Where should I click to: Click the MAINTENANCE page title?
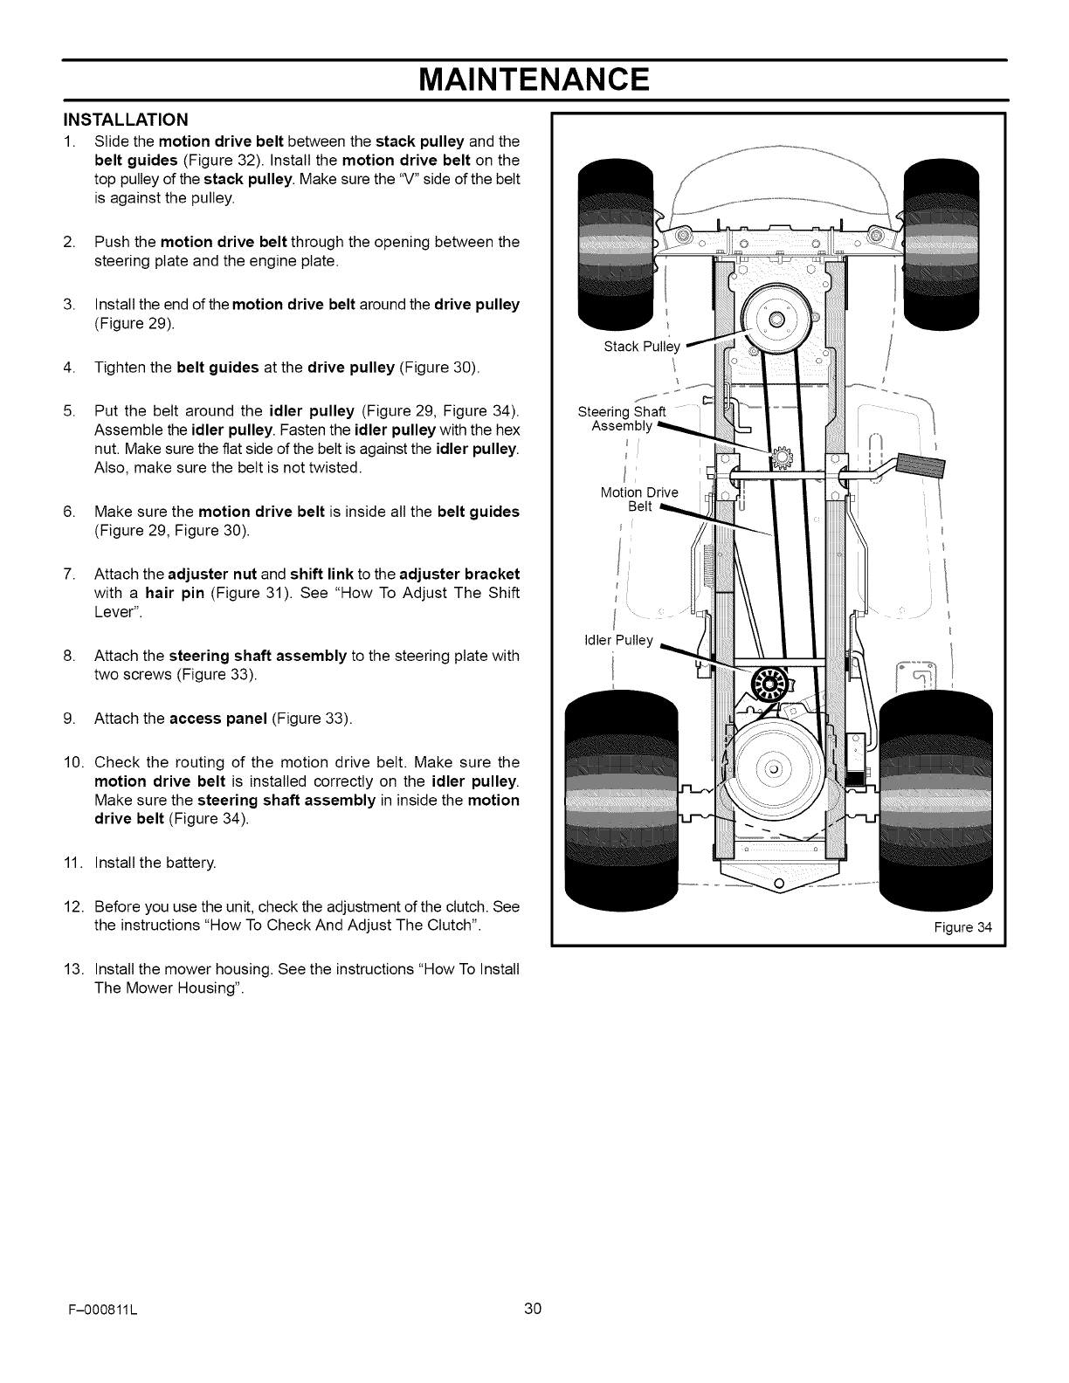(534, 80)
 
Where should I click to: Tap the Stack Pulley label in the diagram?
(641, 347)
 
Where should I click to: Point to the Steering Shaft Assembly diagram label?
(621, 419)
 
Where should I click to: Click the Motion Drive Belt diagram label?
(638, 499)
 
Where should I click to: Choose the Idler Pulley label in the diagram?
(617, 640)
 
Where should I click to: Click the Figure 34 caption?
(962, 927)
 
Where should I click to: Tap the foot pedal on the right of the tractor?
(924, 474)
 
